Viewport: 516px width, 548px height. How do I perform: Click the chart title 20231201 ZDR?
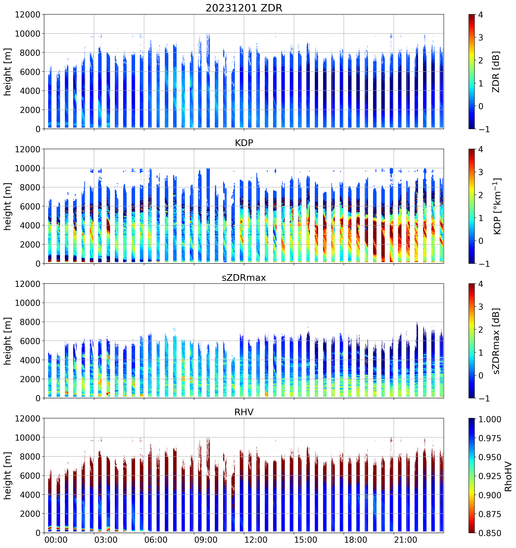tap(244, 8)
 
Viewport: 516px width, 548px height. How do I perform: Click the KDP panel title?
tap(244, 143)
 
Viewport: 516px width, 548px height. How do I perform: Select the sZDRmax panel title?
tap(244, 277)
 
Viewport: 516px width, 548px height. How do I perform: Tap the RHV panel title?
tap(244, 412)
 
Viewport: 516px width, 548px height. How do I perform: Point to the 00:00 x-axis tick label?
tap(56, 540)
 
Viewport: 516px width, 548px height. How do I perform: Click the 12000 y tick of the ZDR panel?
tap(28, 15)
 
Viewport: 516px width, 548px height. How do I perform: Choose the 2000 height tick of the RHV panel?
tap(30, 514)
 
